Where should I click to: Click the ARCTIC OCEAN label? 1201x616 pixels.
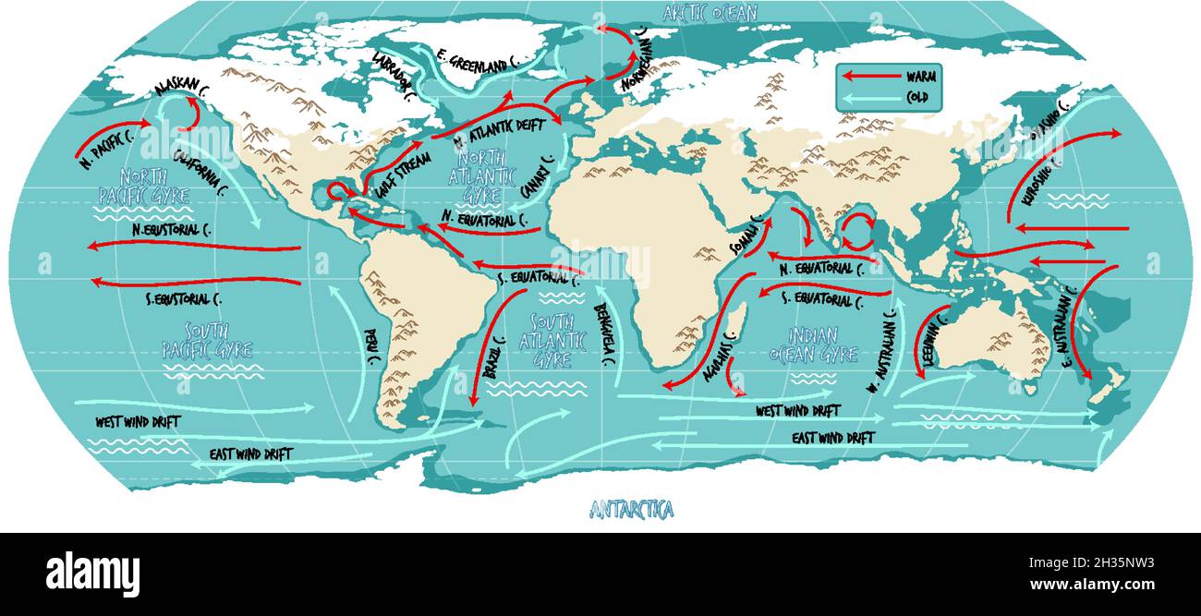[710, 12]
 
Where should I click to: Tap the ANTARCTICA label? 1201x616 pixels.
[631, 509]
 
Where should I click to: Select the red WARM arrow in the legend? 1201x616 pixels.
[868, 77]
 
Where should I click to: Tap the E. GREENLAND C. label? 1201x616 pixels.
[478, 63]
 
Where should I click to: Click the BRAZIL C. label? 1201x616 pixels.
[495, 359]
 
